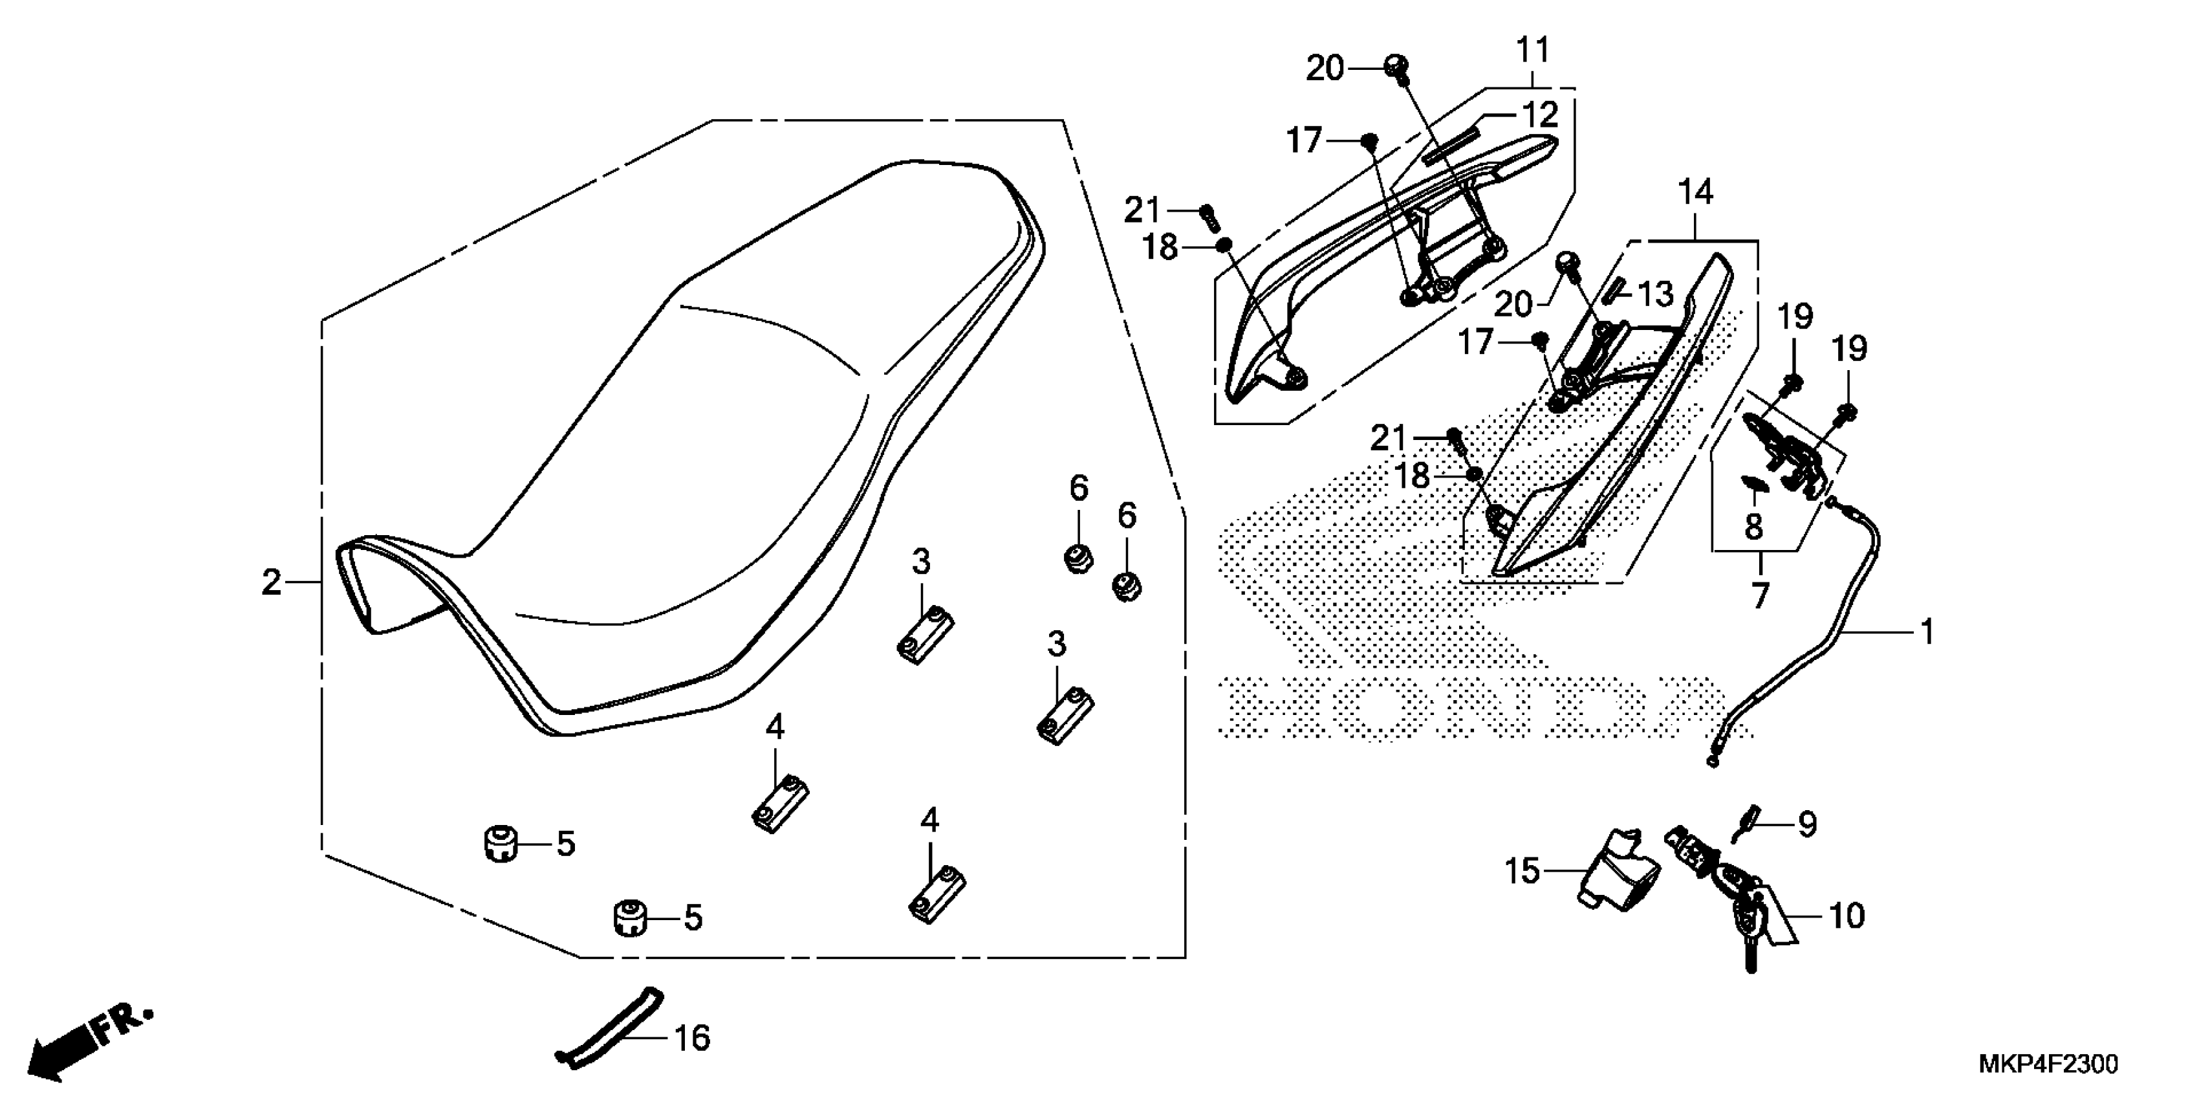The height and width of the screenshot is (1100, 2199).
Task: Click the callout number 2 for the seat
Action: tap(272, 583)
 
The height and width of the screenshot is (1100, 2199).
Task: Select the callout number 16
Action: tap(691, 1039)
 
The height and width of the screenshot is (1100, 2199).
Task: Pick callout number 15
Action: tap(1522, 871)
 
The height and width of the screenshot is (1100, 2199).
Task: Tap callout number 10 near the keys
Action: tap(1847, 916)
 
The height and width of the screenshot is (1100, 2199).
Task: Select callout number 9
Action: tap(1807, 824)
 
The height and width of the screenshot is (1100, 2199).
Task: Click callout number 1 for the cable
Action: tap(1927, 632)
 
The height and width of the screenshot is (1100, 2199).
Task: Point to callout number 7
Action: tap(1760, 595)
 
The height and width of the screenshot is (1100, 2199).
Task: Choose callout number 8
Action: tap(1753, 527)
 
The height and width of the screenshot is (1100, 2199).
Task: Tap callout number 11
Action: tap(1532, 50)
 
